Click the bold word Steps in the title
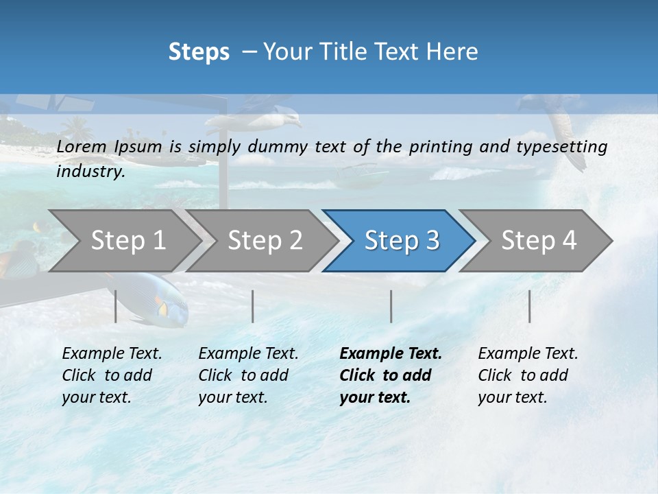click(x=199, y=52)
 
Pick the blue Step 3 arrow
click(x=402, y=240)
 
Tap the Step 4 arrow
click(x=539, y=240)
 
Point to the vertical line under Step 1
click(x=115, y=306)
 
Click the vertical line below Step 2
click(x=253, y=306)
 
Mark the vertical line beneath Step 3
click(x=391, y=306)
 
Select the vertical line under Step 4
click(x=529, y=306)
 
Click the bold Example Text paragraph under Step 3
click(x=390, y=375)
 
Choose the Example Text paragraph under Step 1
click(x=112, y=375)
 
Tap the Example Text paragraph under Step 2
click(x=248, y=375)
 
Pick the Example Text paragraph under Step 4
click(x=528, y=375)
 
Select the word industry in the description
click(x=90, y=172)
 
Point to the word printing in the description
click(x=440, y=147)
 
